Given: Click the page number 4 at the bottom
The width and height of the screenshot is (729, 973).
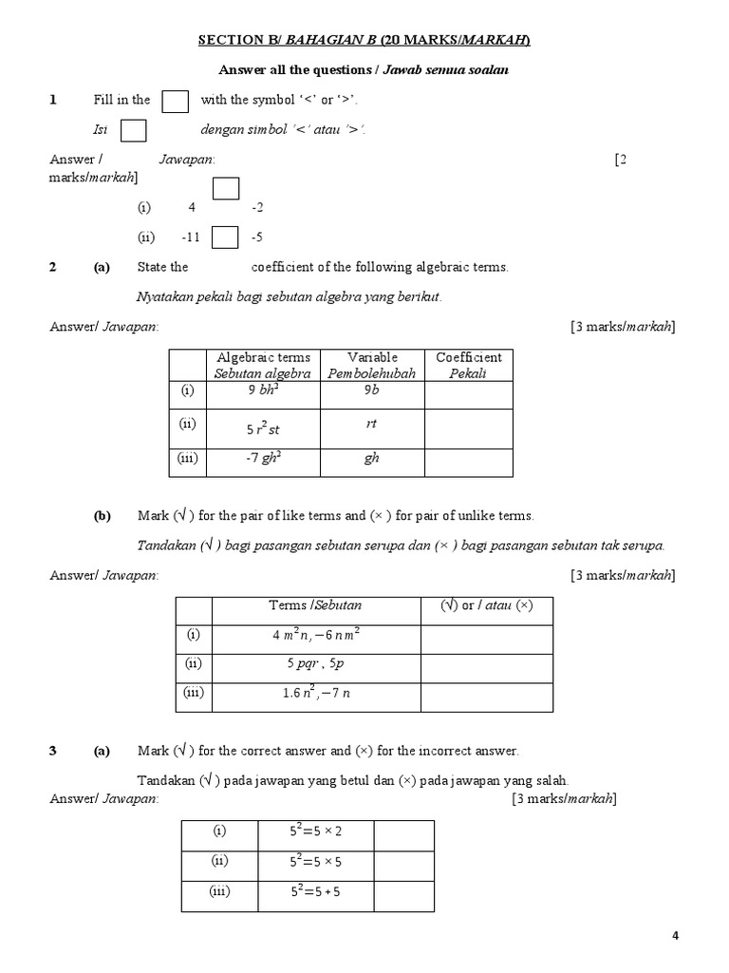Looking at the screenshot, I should click(x=676, y=936).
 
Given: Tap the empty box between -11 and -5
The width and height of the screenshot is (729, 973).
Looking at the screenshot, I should click(x=225, y=237).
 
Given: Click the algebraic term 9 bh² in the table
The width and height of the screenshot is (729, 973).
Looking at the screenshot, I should click(x=263, y=389).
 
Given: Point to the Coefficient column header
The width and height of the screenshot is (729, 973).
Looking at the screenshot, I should click(x=468, y=365).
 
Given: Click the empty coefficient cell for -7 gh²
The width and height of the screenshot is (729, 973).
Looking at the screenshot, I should click(x=468, y=461).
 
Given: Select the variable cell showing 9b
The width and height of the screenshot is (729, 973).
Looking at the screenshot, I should click(x=371, y=389).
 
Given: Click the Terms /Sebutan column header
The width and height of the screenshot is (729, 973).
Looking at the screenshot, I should click(x=316, y=605).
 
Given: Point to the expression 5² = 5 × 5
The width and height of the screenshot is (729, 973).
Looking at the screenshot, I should click(x=315, y=862).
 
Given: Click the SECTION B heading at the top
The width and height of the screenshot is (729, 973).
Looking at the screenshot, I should click(x=364, y=40).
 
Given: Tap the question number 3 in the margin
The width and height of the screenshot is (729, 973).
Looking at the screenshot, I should click(x=53, y=751).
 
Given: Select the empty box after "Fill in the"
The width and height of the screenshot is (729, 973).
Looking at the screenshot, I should click(x=175, y=101).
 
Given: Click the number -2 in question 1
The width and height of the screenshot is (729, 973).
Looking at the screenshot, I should click(x=257, y=207).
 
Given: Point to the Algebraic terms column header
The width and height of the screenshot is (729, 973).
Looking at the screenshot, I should click(x=263, y=365).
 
